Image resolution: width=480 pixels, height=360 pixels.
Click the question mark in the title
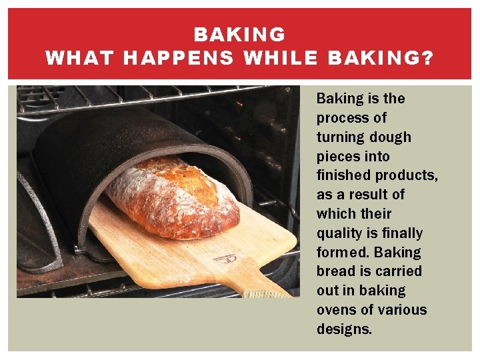[427, 58]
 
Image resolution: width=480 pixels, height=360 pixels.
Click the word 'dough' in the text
[389, 137]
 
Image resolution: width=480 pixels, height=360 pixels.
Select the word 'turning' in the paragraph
[339, 137]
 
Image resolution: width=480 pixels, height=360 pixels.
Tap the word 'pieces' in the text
[338, 157]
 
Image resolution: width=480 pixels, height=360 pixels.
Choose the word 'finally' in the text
[398, 233]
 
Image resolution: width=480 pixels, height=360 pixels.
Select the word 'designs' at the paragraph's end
[343, 329]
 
